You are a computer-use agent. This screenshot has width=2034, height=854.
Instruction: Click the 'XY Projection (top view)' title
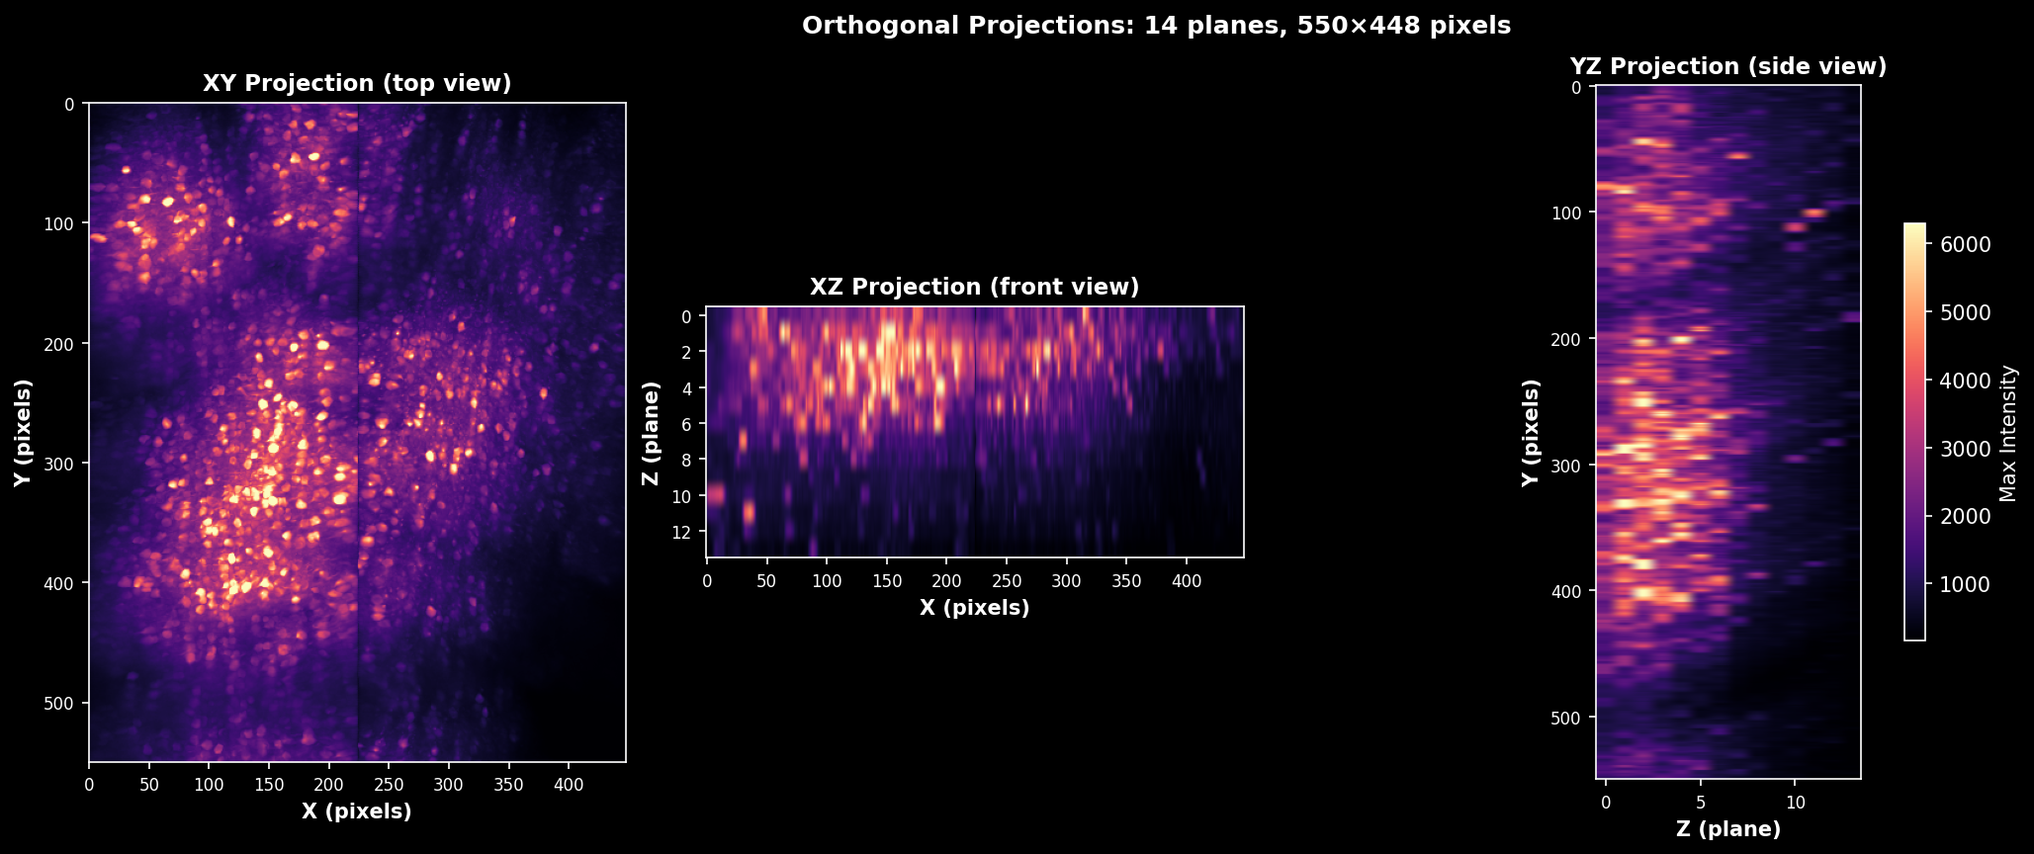[x=357, y=83]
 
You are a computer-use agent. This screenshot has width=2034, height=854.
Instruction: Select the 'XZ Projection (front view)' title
[x=975, y=287]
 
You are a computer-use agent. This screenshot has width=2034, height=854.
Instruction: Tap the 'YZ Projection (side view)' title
[x=1728, y=66]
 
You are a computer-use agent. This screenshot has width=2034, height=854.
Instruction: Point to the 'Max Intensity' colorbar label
[x=2008, y=432]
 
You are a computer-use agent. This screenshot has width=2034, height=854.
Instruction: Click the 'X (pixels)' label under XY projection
[x=357, y=811]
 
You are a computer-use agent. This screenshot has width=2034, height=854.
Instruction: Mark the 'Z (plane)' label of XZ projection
[x=650, y=433]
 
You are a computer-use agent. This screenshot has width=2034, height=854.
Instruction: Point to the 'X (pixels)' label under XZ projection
[x=975, y=608]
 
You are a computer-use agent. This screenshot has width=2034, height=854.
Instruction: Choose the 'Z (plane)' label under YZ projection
[x=1728, y=829]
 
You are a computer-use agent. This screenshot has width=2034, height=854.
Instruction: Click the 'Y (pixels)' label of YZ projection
[x=1532, y=432]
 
